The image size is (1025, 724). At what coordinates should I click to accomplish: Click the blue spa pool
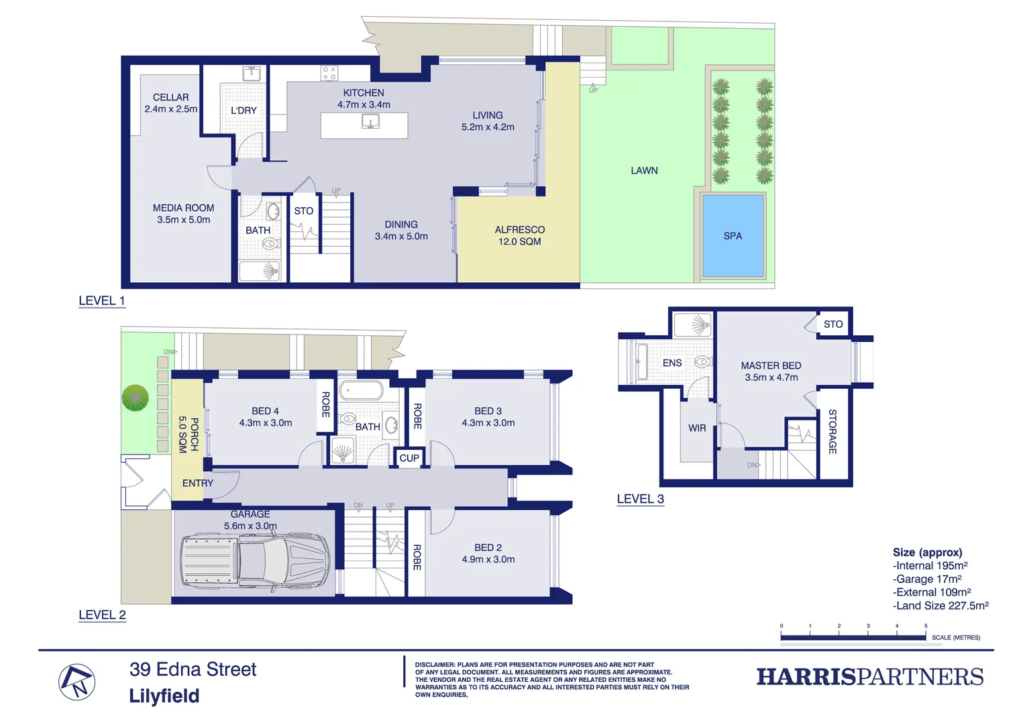click(x=733, y=236)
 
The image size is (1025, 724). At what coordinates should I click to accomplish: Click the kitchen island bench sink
click(x=370, y=121)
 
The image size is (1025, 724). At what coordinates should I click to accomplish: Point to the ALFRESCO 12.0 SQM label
click(x=519, y=235)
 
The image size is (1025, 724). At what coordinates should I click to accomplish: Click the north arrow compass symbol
click(x=77, y=682)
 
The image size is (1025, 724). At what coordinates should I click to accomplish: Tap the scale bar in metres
click(x=853, y=637)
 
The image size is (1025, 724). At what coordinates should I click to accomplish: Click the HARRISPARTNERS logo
click(x=870, y=677)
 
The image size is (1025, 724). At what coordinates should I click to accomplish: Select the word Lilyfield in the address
click(x=164, y=696)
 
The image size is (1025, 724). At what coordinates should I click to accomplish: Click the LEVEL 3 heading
click(x=640, y=499)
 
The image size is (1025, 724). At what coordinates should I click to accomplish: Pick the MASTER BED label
click(x=771, y=371)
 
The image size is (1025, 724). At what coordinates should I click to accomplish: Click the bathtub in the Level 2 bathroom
click(x=361, y=390)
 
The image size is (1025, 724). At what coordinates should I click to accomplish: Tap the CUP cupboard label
click(x=409, y=458)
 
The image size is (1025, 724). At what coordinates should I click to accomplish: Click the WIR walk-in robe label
click(x=697, y=428)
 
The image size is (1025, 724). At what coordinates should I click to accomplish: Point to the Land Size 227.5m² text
click(x=941, y=606)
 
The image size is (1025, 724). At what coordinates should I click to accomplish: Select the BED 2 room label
click(x=488, y=553)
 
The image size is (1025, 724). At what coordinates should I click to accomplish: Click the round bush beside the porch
click(x=135, y=398)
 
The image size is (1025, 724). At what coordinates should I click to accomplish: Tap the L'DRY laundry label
click(x=244, y=111)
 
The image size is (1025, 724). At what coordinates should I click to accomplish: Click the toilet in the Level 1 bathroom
click(x=270, y=244)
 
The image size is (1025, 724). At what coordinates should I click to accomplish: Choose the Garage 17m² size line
click(x=928, y=579)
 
